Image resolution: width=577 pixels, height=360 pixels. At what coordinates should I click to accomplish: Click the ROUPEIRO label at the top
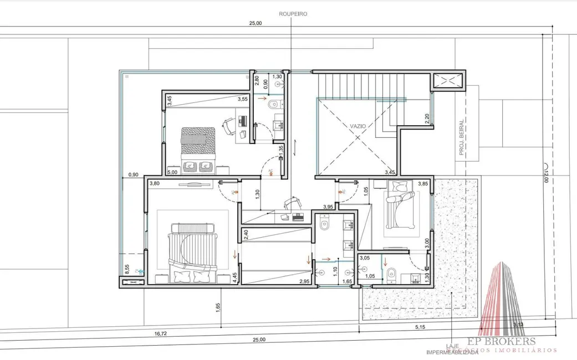(294, 13)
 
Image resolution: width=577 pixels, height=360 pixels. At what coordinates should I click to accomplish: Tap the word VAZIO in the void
(358, 126)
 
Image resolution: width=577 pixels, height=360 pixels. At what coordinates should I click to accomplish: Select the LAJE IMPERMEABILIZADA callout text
(452, 348)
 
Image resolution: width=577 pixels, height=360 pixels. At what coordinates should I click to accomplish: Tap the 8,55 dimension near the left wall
(127, 270)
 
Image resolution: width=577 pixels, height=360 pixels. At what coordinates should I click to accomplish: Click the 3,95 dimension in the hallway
(328, 207)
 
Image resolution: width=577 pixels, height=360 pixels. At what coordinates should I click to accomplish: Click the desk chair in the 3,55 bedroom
(228, 126)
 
